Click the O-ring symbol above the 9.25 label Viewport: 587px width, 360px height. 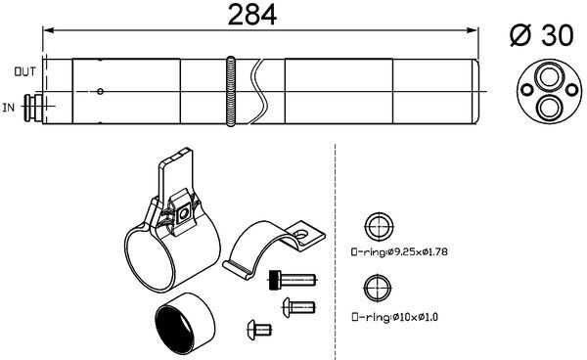tap(377, 228)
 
